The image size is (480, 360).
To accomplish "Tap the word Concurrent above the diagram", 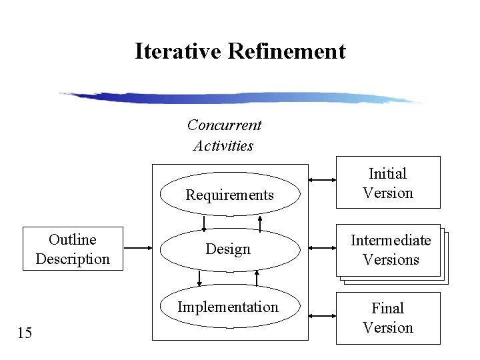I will point(224,125).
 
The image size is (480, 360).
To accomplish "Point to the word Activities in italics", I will point(223,145).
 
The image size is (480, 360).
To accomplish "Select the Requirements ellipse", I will point(230,195).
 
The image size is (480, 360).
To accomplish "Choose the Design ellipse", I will point(229,249).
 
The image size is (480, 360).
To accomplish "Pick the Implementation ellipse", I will point(229,307).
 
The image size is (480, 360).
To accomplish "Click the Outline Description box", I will point(73,249).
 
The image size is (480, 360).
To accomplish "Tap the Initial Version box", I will point(387,183).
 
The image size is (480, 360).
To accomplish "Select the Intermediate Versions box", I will point(390,250).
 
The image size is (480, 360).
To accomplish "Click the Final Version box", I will point(387,318).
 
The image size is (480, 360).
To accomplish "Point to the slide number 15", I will point(24,333).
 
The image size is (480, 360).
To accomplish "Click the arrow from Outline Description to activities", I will point(138,249).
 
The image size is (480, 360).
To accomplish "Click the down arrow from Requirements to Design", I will point(204,223).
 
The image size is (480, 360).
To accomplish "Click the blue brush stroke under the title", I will point(240,98).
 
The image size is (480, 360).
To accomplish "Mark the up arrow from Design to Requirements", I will point(261,223).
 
